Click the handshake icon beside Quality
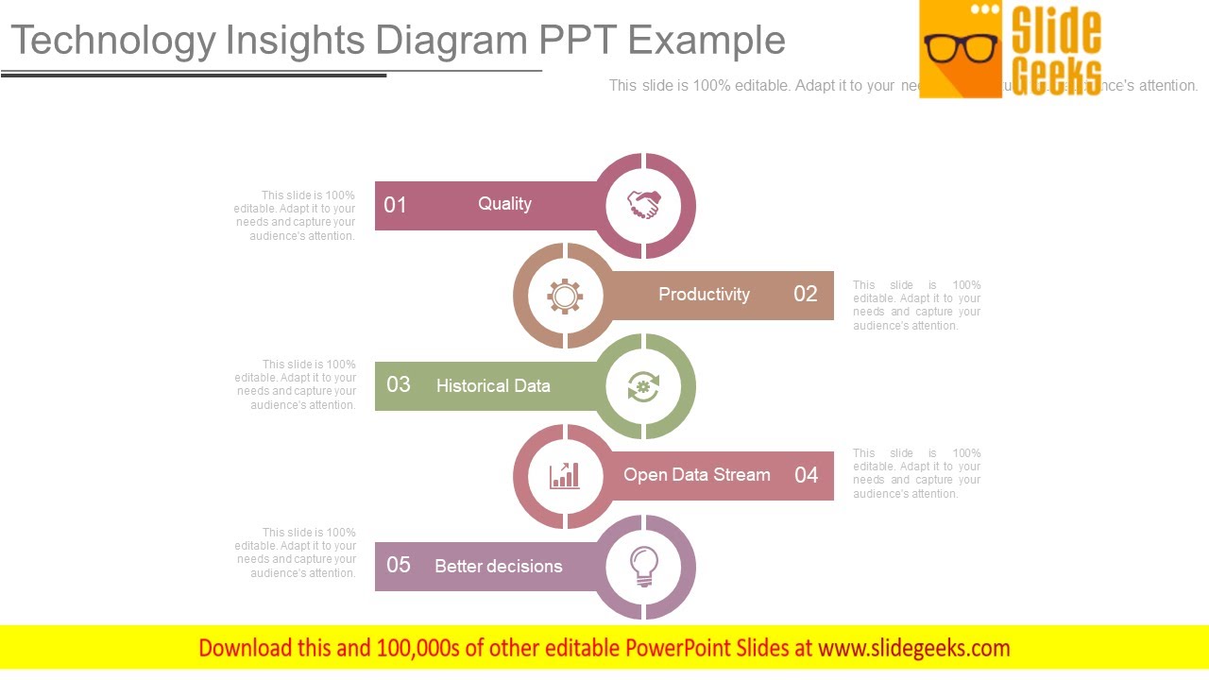coord(644,205)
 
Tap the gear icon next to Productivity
coord(565,297)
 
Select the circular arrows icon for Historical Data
coord(644,386)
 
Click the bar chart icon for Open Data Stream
coord(565,475)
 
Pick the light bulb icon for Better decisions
coord(644,566)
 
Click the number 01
coord(396,205)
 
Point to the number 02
coord(805,294)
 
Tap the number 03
coord(399,384)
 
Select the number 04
coord(806,475)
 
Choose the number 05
coord(399,565)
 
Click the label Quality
coord(504,204)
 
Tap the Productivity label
coord(704,295)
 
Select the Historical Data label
coord(493,385)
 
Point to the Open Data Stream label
coord(697,475)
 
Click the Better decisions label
coord(499,567)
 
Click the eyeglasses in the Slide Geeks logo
coord(961,47)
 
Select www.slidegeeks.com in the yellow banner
coord(914,648)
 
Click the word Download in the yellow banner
coord(244,648)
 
